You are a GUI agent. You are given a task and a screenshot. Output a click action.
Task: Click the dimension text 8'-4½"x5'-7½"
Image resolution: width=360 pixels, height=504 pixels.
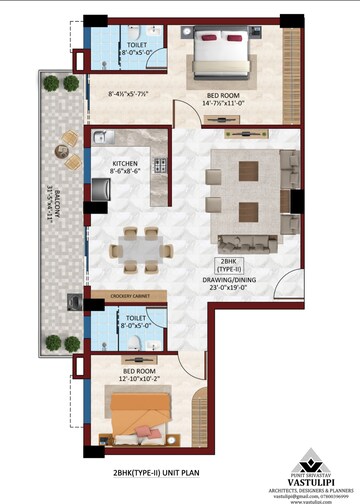(x=129, y=95)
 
